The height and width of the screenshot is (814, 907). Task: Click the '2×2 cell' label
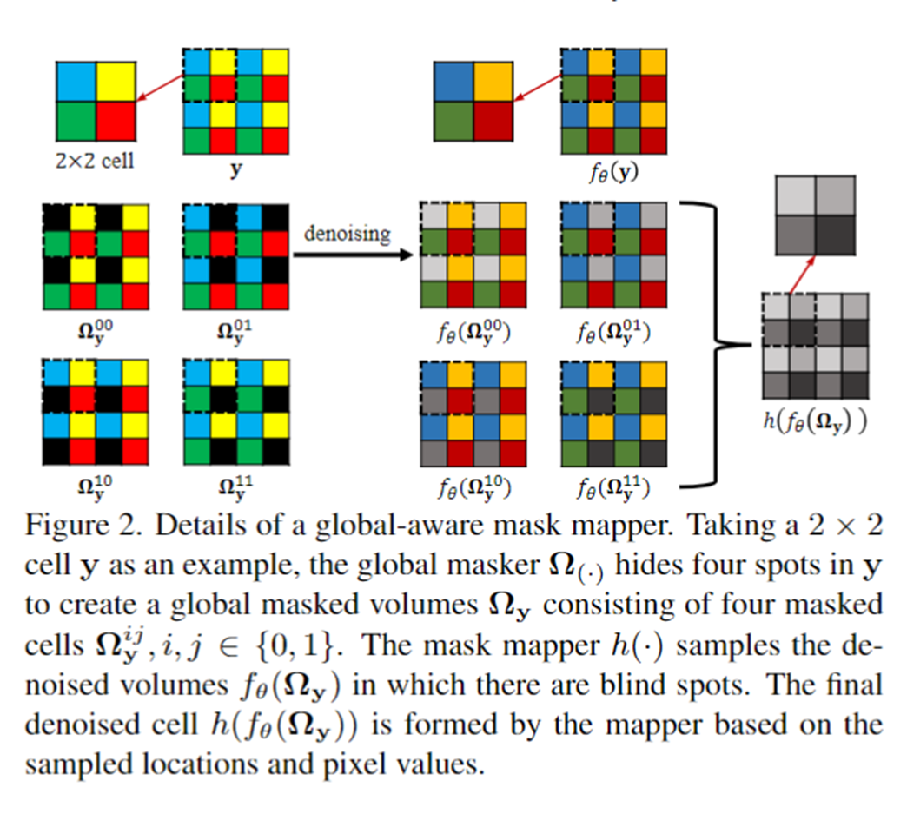pyautogui.click(x=96, y=160)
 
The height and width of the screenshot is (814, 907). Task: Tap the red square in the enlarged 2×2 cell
pyautogui.click(x=115, y=122)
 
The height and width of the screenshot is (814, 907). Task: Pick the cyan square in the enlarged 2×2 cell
pyautogui.click(x=76, y=82)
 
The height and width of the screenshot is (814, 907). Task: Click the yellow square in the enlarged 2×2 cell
pyautogui.click(x=115, y=82)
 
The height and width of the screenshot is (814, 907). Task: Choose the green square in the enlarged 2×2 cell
pyautogui.click(x=76, y=122)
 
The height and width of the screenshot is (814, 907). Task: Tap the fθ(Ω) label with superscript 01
pyautogui.click(x=612, y=330)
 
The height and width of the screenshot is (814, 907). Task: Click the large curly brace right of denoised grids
pyautogui.click(x=717, y=343)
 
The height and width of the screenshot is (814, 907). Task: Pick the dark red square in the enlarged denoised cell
pyautogui.click(x=493, y=122)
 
